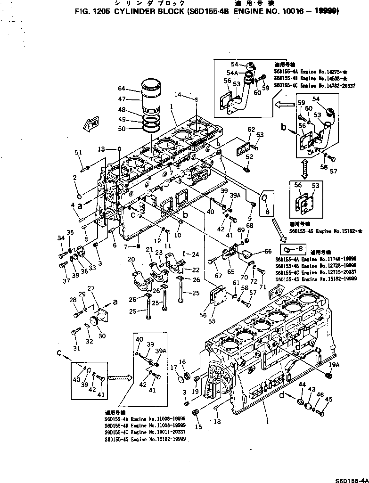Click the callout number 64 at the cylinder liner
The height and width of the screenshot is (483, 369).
pyautogui.click(x=122, y=89)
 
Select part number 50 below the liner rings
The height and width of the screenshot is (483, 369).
pyautogui.click(x=122, y=129)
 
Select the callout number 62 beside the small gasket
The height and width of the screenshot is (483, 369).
pyautogui.click(x=251, y=129)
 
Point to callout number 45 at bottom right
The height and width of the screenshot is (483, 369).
pyautogui.click(x=328, y=400)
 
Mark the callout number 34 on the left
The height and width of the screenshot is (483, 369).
pyautogui.click(x=61, y=238)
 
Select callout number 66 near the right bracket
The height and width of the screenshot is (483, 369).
pyautogui.click(x=268, y=251)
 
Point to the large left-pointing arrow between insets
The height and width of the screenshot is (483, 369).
pyautogui.click(x=284, y=103)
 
